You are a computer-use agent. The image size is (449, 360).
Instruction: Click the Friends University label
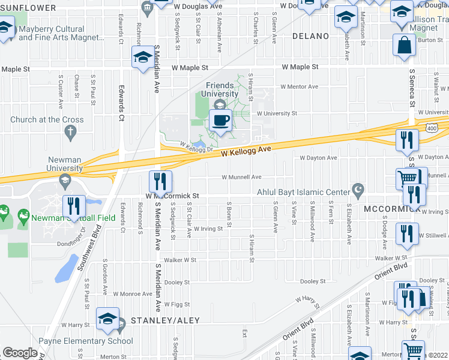click(x=220, y=89)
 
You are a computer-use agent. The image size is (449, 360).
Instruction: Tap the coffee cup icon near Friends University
click(x=220, y=120)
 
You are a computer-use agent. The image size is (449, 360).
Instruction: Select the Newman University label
click(x=65, y=164)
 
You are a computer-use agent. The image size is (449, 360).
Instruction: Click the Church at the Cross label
click(x=47, y=119)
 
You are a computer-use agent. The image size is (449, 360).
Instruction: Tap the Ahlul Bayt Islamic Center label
click(x=303, y=192)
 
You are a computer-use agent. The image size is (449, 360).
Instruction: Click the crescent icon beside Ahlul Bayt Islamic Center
click(x=359, y=190)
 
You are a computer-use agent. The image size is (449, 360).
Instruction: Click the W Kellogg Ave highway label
click(x=246, y=152)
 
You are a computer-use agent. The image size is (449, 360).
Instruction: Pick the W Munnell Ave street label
click(x=241, y=177)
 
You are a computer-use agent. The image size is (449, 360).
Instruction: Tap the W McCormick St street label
click(x=171, y=196)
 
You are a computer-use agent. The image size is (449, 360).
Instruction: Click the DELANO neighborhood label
click(x=310, y=36)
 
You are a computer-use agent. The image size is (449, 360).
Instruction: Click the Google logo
click(x=20, y=353)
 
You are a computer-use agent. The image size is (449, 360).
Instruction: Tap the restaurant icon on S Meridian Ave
click(x=160, y=180)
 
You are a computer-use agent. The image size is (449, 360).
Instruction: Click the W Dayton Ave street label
click(x=319, y=158)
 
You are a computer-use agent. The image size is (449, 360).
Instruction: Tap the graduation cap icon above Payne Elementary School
click(x=107, y=318)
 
